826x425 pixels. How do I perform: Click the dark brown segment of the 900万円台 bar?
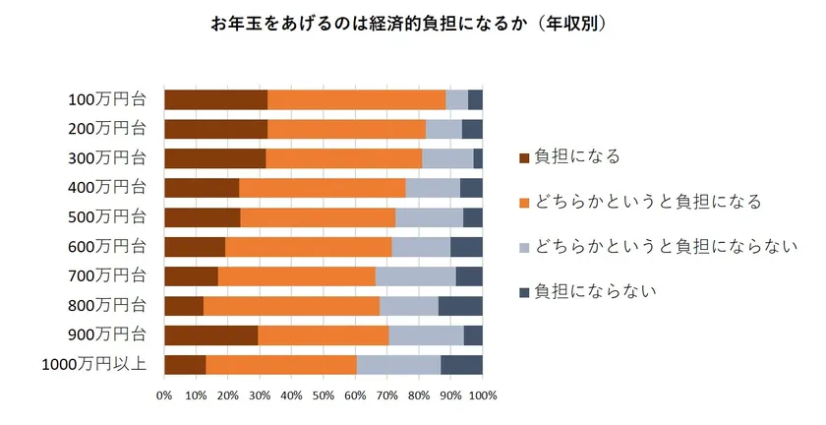click(x=210, y=335)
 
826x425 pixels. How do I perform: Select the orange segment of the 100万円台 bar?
click(x=356, y=99)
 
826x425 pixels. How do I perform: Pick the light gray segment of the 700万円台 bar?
click(x=415, y=276)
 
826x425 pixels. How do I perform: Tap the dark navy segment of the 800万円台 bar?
click(x=460, y=306)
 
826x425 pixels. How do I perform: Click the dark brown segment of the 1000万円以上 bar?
click(x=185, y=365)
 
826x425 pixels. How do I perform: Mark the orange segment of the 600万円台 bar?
click(x=308, y=247)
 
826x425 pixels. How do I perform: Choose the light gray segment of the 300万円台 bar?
click(x=447, y=158)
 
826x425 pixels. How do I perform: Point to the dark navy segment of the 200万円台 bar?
click(x=472, y=129)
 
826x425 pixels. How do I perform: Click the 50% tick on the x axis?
click(x=324, y=395)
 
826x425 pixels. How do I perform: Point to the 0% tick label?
click(x=164, y=395)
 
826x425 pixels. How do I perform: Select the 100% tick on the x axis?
click(x=482, y=395)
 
